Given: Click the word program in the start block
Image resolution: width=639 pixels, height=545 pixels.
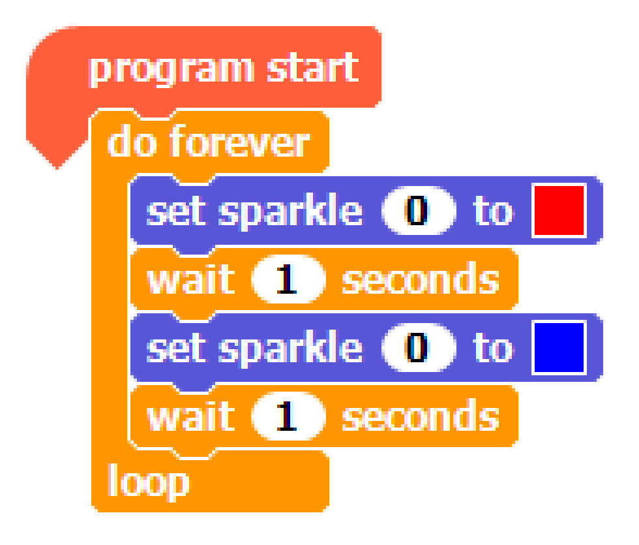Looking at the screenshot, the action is click(171, 69).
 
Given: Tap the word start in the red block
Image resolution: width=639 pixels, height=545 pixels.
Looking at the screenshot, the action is click(313, 67).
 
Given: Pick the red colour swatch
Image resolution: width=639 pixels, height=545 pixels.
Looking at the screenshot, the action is click(559, 210).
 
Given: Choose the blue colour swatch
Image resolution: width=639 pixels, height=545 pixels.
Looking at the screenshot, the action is click(559, 347).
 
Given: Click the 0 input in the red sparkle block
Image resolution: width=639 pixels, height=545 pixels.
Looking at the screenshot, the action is click(418, 210).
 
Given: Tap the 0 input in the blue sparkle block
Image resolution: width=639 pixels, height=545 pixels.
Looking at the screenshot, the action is click(418, 347).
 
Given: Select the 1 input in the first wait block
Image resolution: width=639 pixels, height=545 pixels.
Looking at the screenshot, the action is click(288, 279).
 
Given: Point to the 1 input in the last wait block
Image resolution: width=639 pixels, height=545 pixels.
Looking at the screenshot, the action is click(288, 416).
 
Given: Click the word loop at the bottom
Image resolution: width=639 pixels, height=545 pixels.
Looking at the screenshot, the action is click(149, 482).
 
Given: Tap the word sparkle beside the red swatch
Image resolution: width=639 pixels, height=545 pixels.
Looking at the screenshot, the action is click(290, 212).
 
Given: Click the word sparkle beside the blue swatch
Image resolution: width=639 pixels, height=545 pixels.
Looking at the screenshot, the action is click(290, 349).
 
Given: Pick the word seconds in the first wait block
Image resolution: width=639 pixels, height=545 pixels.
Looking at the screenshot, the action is click(421, 277).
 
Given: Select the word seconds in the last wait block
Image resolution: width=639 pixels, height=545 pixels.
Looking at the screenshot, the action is click(421, 414).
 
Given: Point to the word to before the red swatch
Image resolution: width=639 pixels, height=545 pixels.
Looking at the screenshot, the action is click(493, 210).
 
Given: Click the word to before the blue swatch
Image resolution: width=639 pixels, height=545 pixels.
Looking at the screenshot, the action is click(493, 347).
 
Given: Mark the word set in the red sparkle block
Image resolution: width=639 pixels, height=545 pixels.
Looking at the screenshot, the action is click(176, 211).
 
